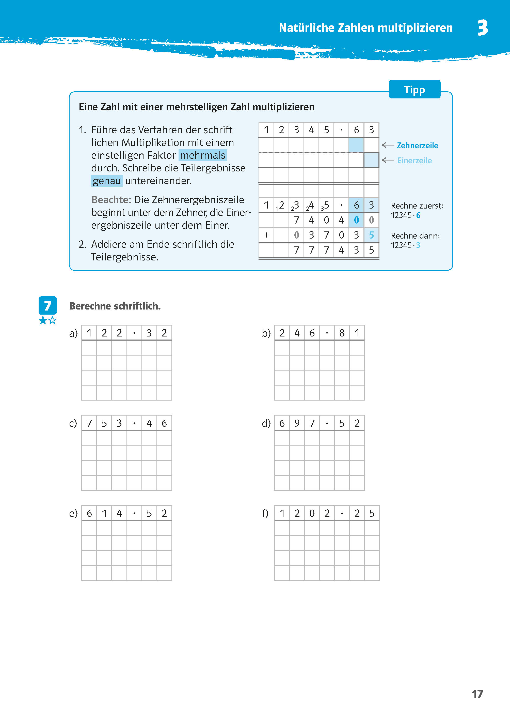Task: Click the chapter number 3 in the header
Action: [x=482, y=28]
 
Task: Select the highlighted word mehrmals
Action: [x=203, y=155]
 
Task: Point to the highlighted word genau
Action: [x=107, y=181]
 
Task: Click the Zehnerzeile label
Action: [x=417, y=145]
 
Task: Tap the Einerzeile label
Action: [x=414, y=160]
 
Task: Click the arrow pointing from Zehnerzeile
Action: [x=388, y=145]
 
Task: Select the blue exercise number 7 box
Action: [x=48, y=305]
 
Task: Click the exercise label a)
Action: [x=73, y=333]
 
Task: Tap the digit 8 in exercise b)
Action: [x=342, y=333]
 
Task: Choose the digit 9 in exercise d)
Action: [x=297, y=423]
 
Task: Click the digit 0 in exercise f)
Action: [x=312, y=513]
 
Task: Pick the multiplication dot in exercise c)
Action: [x=134, y=423]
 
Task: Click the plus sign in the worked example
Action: [x=267, y=235]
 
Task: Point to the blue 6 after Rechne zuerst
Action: [x=418, y=215]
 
